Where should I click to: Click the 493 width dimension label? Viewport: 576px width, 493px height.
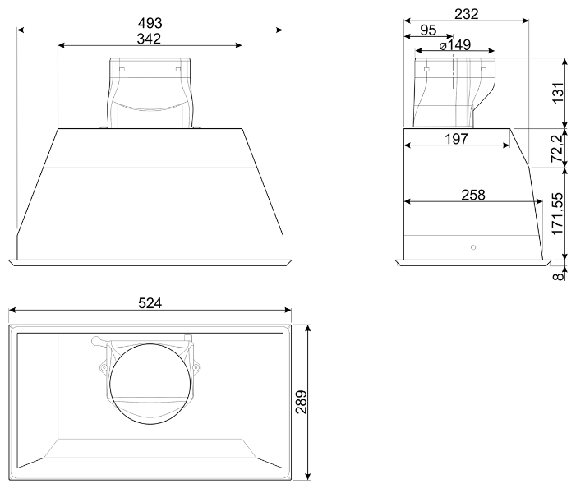(x=150, y=23)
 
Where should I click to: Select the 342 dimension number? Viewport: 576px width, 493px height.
(x=150, y=39)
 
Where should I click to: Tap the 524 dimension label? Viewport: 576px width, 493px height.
(x=150, y=303)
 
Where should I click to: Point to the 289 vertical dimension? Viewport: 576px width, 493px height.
(x=302, y=403)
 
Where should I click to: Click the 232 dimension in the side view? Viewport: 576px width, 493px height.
(x=467, y=14)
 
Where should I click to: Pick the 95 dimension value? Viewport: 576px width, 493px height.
(x=428, y=30)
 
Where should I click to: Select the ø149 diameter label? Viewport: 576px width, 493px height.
(x=455, y=45)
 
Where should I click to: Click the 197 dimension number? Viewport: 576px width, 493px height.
(x=457, y=139)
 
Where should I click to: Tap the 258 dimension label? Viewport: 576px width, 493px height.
(x=473, y=195)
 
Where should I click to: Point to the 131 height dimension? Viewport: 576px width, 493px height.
(x=558, y=93)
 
